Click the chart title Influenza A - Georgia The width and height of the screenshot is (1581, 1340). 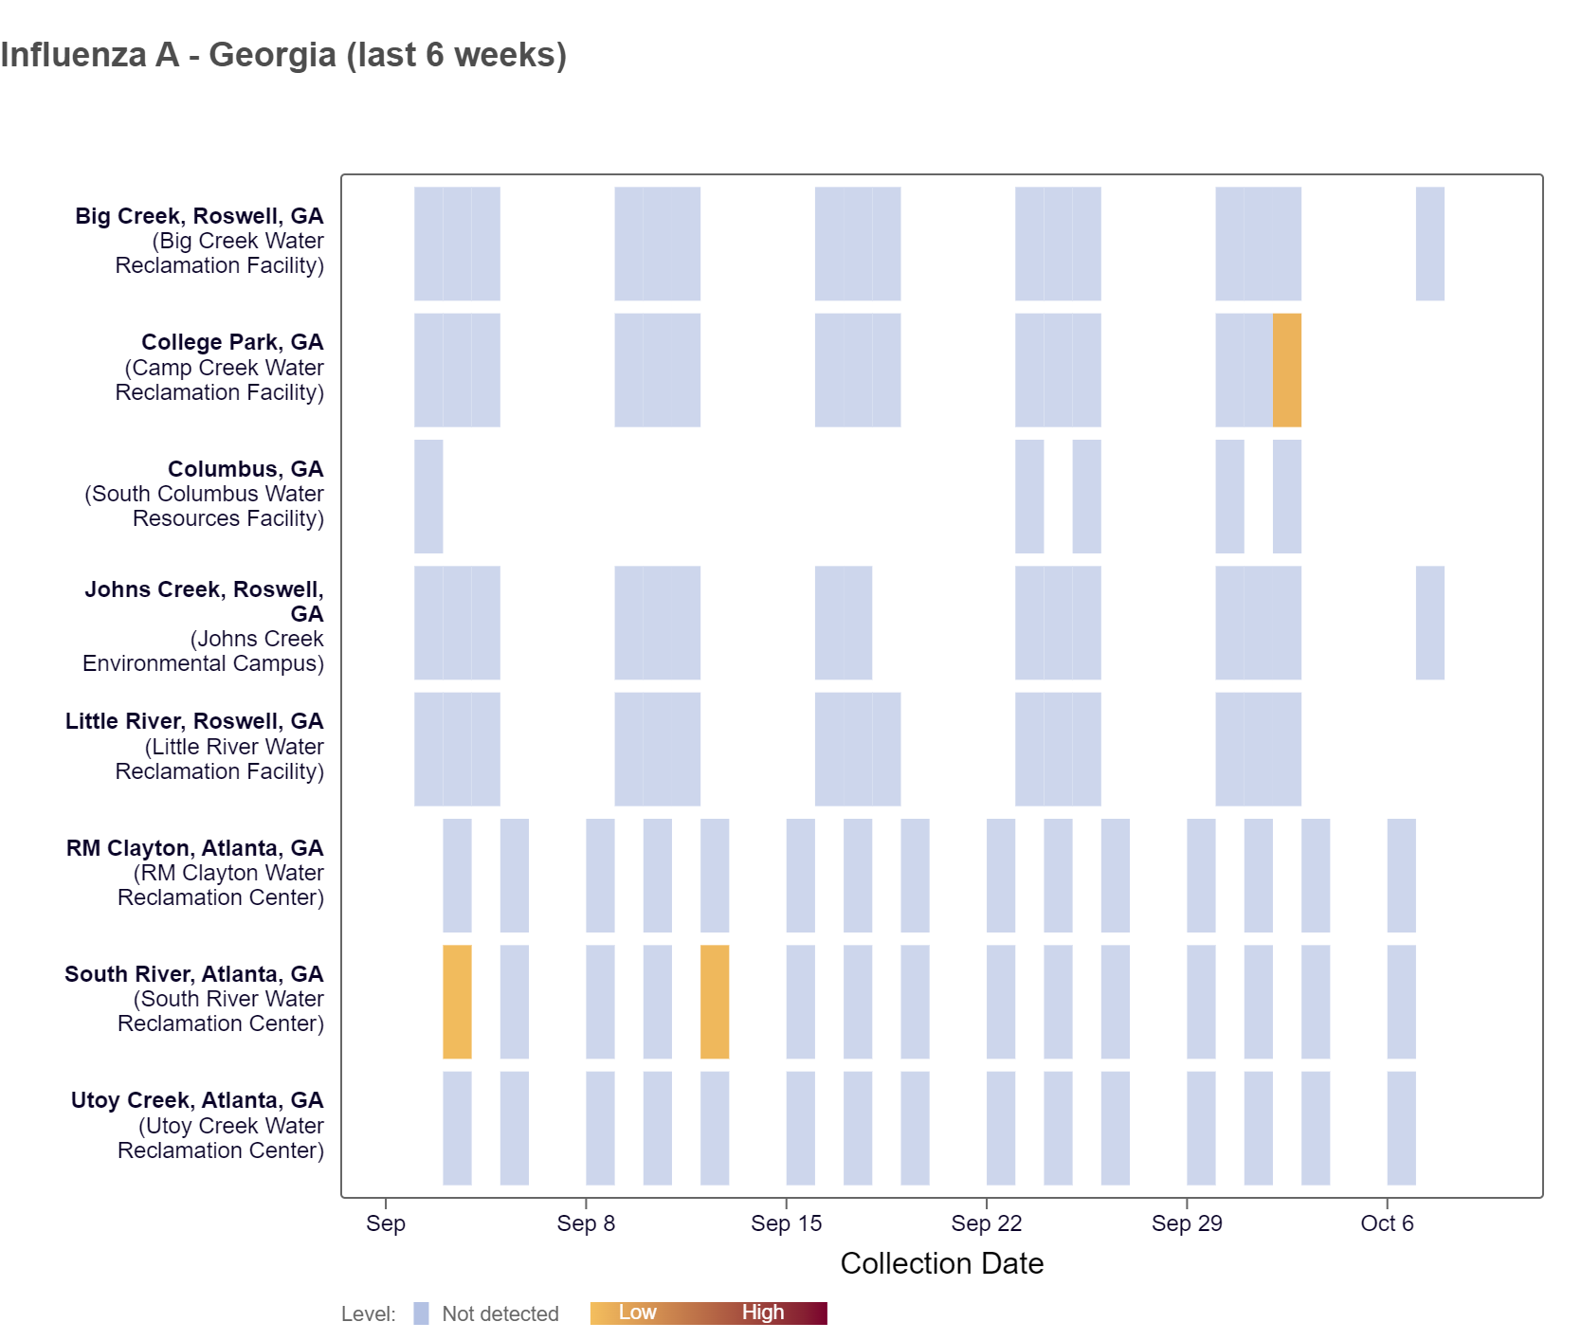(x=283, y=55)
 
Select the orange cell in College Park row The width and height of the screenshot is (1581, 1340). (x=1286, y=370)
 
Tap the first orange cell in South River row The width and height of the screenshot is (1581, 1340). (x=457, y=1002)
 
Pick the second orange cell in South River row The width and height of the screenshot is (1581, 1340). (x=715, y=1002)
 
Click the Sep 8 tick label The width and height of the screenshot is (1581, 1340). (x=586, y=1223)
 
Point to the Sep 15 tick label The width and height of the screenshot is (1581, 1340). (x=786, y=1223)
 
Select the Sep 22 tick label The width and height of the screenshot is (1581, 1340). (x=986, y=1223)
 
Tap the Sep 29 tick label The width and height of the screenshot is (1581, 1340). (x=1187, y=1223)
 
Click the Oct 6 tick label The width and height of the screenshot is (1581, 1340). (x=1387, y=1223)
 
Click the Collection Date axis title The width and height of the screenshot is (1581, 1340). (x=941, y=1263)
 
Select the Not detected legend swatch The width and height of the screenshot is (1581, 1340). (x=421, y=1313)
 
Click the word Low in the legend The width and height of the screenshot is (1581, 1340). (x=637, y=1313)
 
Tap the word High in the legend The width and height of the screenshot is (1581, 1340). (x=762, y=1313)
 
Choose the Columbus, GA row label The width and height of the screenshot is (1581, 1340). (x=245, y=469)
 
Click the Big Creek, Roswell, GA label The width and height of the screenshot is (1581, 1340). (x=199, y=216)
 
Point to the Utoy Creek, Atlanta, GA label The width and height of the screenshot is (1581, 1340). (x=196, y=1100)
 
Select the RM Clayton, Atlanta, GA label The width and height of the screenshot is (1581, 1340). (x=194, y=848)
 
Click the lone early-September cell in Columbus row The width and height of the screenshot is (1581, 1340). (x=428, y=496)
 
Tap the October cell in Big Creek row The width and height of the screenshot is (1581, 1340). (x=1429, y=244)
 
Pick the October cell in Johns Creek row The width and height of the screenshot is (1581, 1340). (x=1429, y=623)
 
